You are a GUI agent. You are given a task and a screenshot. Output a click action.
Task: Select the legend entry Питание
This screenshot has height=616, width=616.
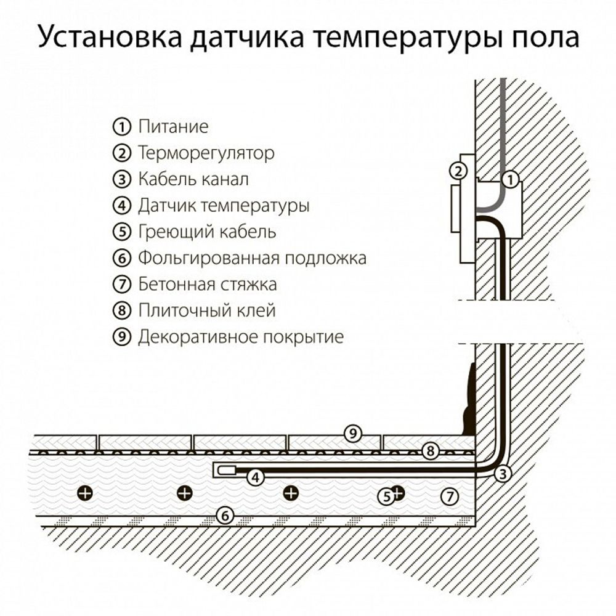click(x=173, y=127)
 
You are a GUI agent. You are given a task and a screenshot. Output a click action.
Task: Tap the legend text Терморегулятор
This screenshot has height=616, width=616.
click(x=206, y=153)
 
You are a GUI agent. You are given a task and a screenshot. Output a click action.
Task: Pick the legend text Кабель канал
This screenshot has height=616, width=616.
click(x=193, y=179)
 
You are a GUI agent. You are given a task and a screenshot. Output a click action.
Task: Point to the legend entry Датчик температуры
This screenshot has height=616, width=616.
click(x=224, y=206)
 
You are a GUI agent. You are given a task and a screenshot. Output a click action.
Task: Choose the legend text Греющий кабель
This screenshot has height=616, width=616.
click(x=207, y=232)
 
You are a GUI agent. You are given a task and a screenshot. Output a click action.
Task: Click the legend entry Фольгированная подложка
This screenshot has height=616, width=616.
click(x=252, y=258)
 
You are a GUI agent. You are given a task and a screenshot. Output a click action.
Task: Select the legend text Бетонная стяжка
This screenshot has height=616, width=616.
click(x=207, y=285)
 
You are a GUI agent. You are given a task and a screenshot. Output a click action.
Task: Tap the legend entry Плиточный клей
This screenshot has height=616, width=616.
click(x=206, y=310)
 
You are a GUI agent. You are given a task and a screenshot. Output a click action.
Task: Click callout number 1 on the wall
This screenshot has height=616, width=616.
click(x=511, y=180)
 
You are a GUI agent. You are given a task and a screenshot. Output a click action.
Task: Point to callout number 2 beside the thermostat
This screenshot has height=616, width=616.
click(x=456, y=171)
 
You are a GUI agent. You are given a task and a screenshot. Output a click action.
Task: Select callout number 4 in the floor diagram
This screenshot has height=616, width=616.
click(x=255, y=476)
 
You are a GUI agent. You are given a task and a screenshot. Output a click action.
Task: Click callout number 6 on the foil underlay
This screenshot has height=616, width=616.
click(x=226, y=515)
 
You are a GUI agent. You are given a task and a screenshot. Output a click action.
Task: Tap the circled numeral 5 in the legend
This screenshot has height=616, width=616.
click(x=122, y=232)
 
